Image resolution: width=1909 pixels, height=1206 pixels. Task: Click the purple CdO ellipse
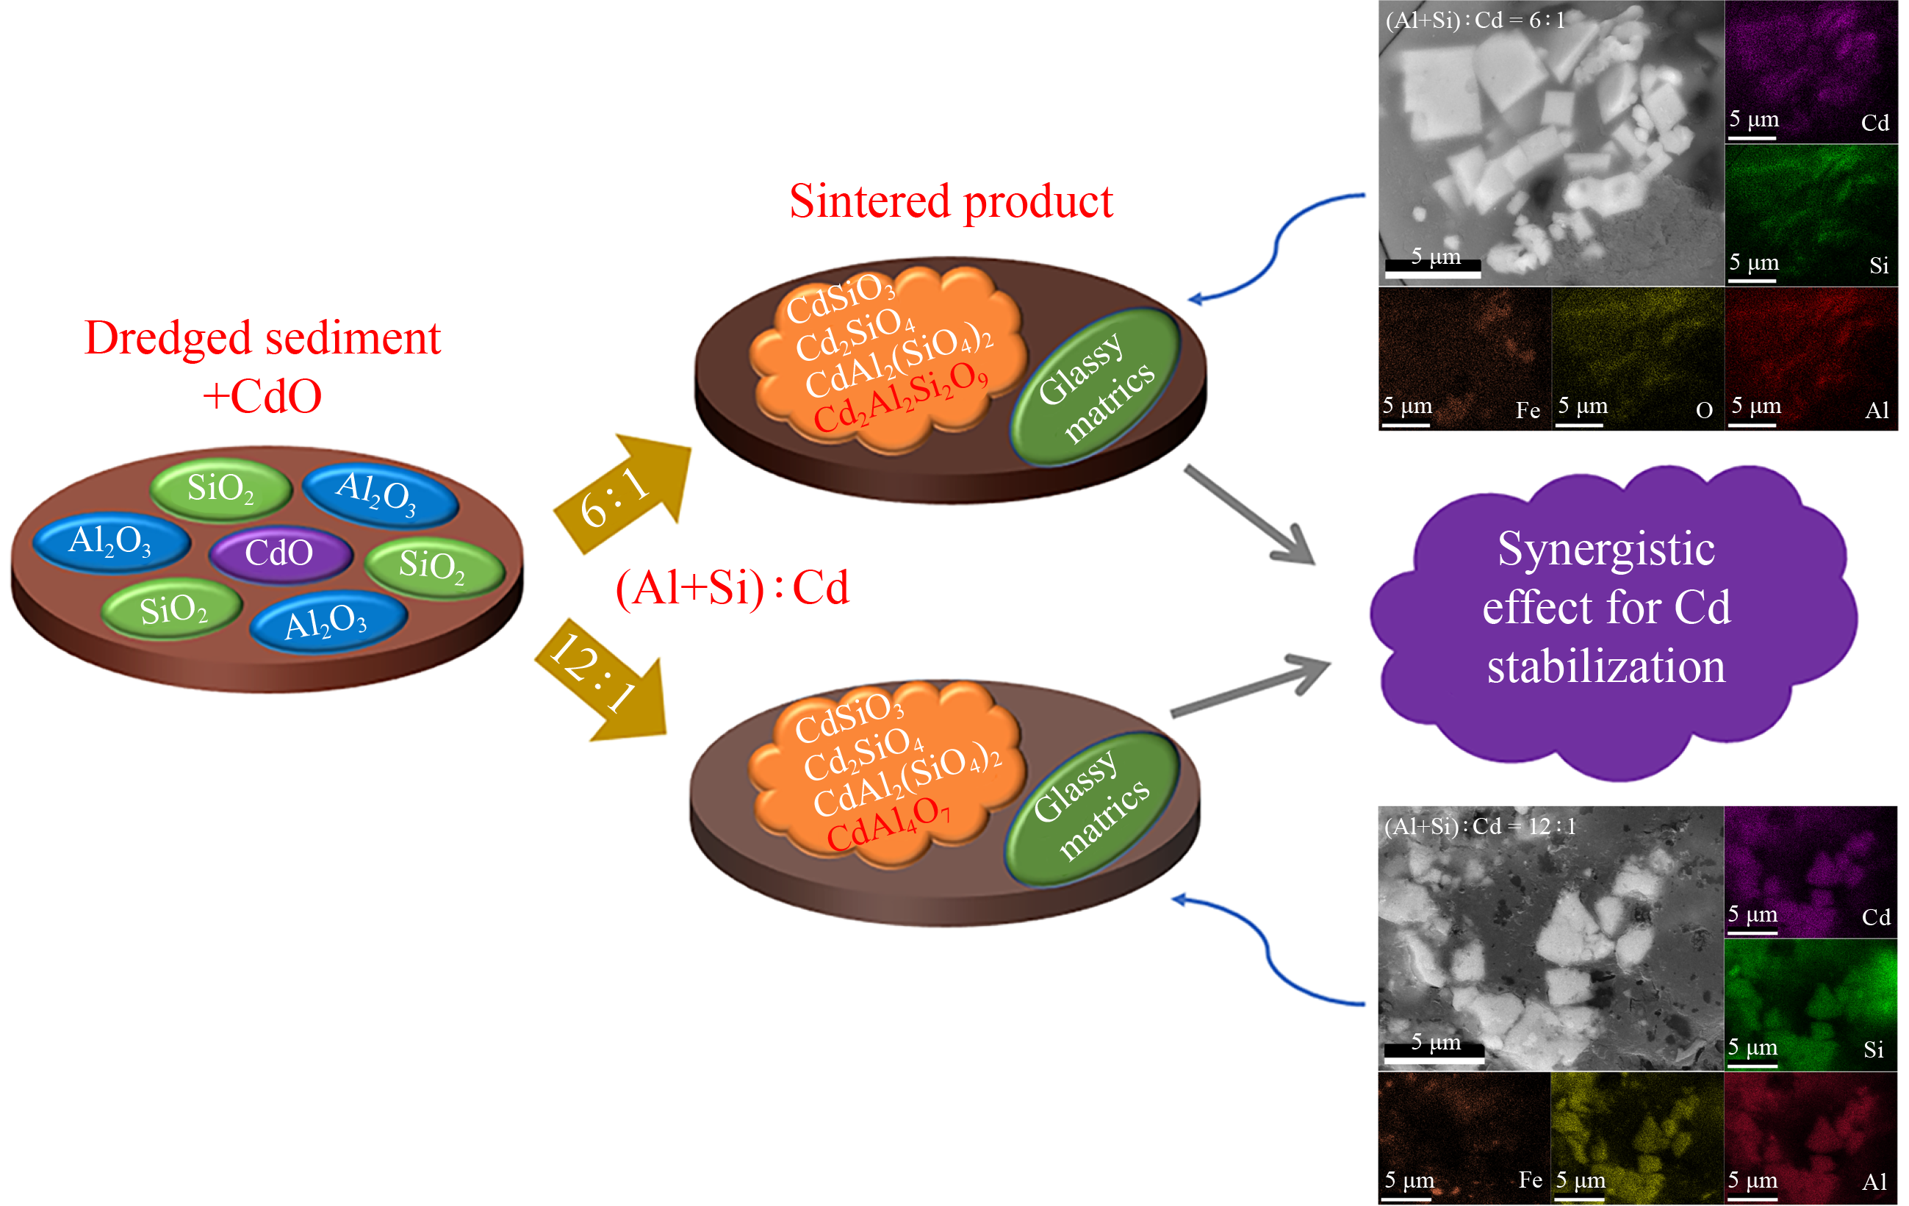click(x=279, y=553)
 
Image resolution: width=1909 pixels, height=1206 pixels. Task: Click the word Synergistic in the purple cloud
click(x=1606, y=549)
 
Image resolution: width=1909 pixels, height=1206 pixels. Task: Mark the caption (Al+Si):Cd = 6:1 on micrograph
click(x=1475, y=20)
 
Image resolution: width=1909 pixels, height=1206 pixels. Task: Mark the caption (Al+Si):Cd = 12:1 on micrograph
click(x=1479, y=826)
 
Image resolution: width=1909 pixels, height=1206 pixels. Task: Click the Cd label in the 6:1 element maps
click(x=1875, y=123)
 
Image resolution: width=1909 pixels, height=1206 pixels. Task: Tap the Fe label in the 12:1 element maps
click(x=1530, y=1180)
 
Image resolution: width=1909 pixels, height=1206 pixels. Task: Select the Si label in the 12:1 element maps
click(x=1873, y=1049)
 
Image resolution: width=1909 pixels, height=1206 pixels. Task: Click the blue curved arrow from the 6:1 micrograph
click(x=1276, y=245)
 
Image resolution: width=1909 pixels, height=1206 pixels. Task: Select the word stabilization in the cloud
click(x=1606, y=666)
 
